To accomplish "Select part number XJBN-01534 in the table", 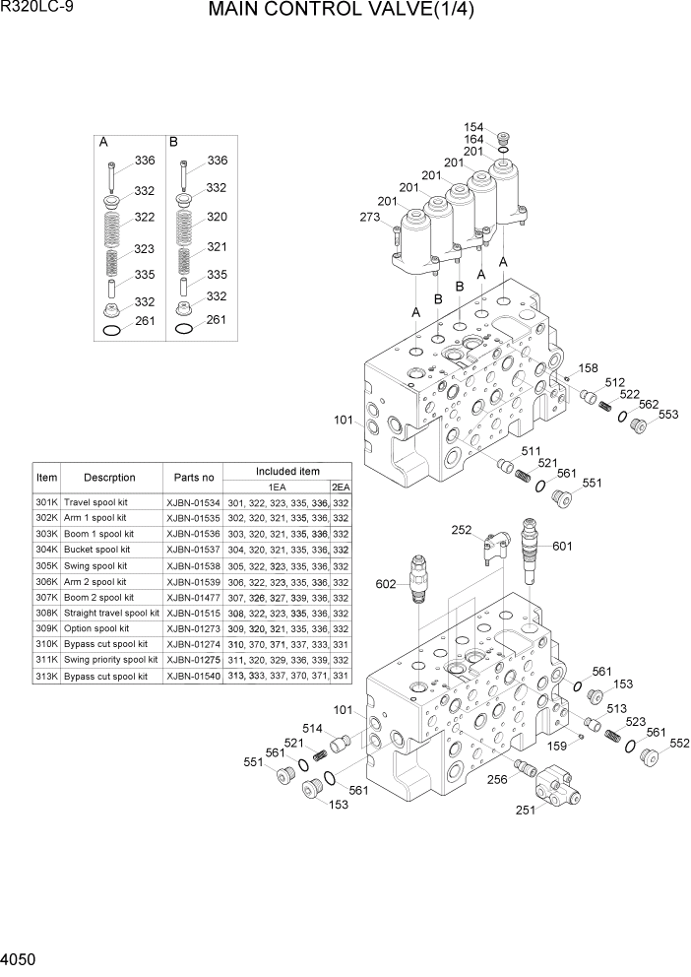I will (x=194, y=502).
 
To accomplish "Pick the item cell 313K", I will (x=46, y=677).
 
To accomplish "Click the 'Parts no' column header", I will (x=194, y=478).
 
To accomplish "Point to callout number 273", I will (x=369, y=218).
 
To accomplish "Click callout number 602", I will (x=386, y=584).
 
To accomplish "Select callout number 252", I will (x=461, y=530).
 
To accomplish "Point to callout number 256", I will (x=496, y=778).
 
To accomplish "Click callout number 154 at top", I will (x=473, y=127).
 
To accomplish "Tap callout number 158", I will (x=588, y=368).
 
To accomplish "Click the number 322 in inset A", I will (x=145, y=217).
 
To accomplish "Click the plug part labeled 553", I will (x=638, y=424).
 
